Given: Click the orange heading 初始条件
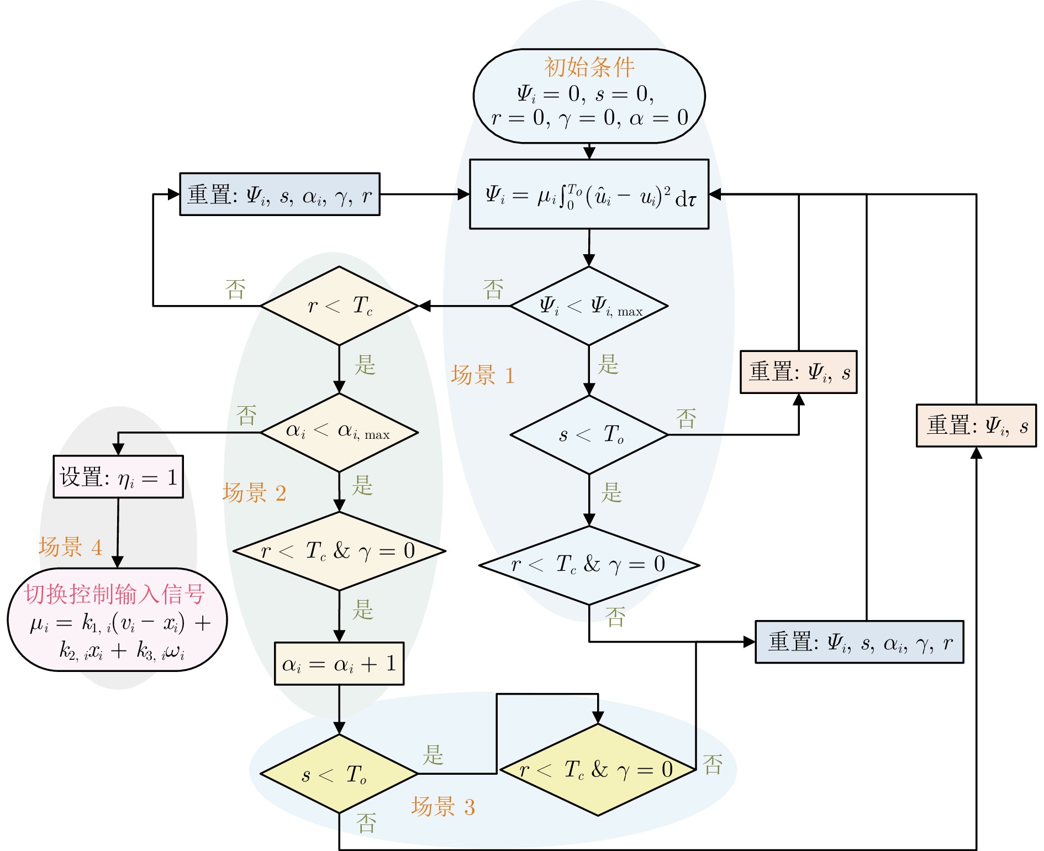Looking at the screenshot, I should point(589,67).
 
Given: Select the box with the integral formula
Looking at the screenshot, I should point(589,195).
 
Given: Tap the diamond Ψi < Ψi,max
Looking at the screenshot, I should point(589,306).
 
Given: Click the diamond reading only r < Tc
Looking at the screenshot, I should point(339,306).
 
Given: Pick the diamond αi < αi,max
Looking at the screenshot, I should point(339,432).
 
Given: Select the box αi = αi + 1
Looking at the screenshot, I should point(339,664).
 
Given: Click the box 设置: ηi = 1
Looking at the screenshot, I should point(118,477).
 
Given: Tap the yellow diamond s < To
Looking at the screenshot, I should point(339,774).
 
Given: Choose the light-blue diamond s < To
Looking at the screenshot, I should point(589,435).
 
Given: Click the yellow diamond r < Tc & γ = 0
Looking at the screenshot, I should point(598,769).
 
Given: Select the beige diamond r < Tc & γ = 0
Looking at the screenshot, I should point(339,551).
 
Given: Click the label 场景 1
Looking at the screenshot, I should point(483,376).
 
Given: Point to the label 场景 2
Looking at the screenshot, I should point(254,493).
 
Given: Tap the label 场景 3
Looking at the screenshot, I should point(443,807).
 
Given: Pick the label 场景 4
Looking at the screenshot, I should point(71,547).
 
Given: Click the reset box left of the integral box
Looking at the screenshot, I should point(280,195).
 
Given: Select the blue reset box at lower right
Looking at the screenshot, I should point(860,642).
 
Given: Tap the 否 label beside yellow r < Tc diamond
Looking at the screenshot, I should point(713,765).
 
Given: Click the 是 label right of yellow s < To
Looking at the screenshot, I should point(433,755).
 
